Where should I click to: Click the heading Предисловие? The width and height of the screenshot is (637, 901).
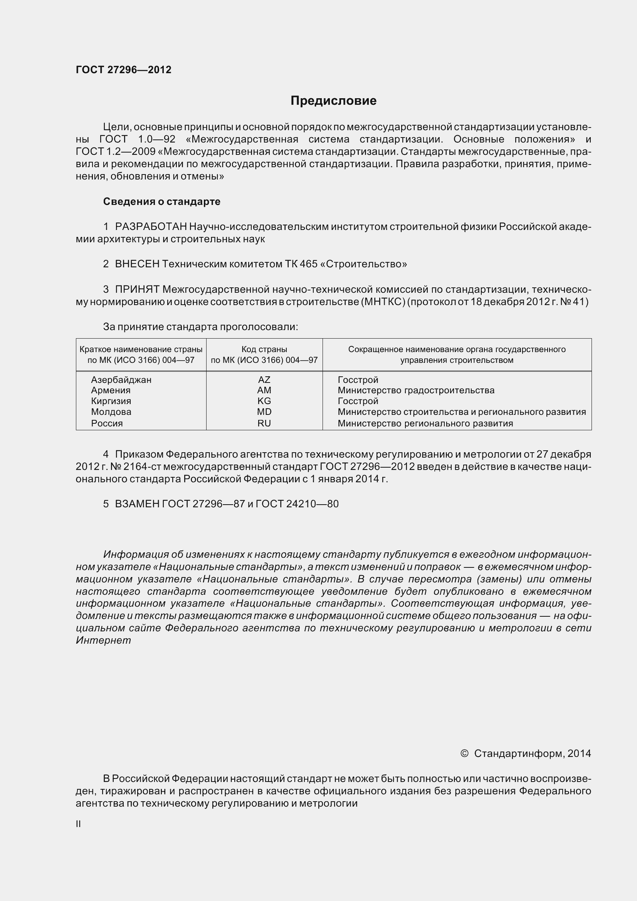pos(333,101)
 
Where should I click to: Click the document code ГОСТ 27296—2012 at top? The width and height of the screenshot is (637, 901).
pos(124,70)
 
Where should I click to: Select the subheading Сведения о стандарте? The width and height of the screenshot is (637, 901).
pos(162,201)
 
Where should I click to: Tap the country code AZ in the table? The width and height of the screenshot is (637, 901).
pos(264,379)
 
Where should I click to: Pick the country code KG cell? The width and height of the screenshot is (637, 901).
pos(264,401)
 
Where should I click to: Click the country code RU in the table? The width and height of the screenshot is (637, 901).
pos(264,423)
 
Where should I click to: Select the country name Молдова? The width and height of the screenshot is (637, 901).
pos(111,412)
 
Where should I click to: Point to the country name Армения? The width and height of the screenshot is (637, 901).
pos(111,390)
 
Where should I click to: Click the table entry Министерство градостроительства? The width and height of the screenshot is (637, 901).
pos(416,390)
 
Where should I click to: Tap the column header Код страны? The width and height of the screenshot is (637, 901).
pos(264,349)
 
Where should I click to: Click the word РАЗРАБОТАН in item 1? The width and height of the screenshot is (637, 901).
pos(151,227)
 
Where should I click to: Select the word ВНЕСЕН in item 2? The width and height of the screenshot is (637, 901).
pos(137,264)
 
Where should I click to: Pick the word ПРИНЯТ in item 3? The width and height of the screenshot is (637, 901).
pos(137,289)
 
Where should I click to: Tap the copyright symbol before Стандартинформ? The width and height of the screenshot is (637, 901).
pos(464,753)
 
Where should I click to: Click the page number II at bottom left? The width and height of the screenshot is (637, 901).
pos(79,824)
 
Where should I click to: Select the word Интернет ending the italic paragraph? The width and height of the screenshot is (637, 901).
pos(103,641)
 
